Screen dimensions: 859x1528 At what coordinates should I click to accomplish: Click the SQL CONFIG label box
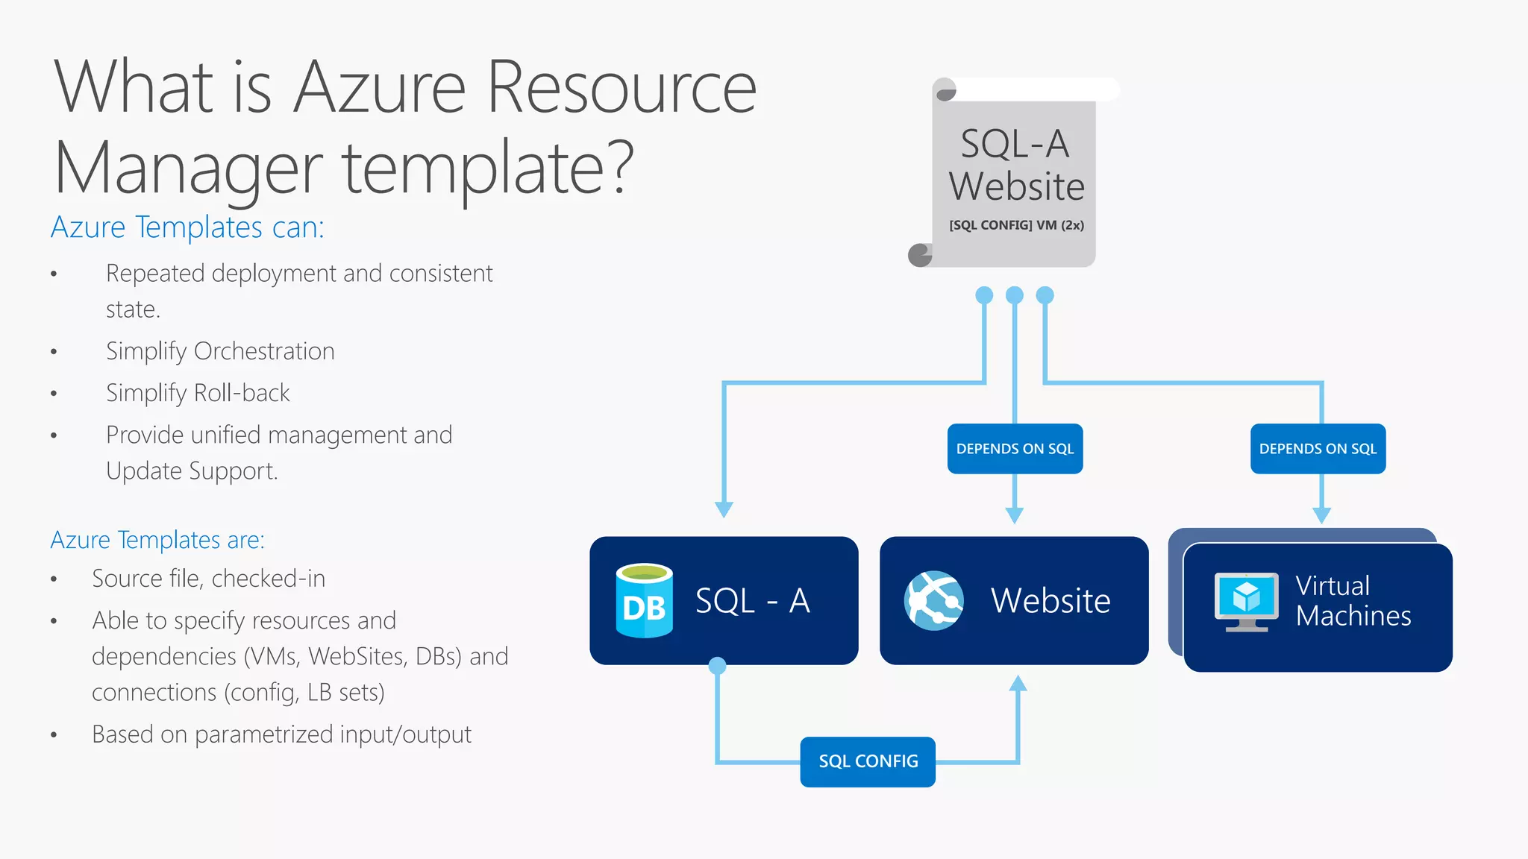pyautogui.click(x=868, y=761)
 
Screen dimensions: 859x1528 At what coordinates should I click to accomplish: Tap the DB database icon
pyautogui.click(x=644, y=601)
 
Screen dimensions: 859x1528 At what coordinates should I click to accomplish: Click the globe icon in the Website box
pyautogui.click(x=933, y=601)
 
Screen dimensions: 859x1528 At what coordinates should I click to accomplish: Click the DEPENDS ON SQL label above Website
pyautogui.click(x=1015, y=449)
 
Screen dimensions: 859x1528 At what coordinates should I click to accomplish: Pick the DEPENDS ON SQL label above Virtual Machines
pyautogui.click(x=1318, y=449)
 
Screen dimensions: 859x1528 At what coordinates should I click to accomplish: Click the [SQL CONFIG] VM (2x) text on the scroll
pyautogui.click(x=1016, y=225)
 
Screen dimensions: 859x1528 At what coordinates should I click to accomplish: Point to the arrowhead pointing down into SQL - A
pyautogui.click(x=724, y=509)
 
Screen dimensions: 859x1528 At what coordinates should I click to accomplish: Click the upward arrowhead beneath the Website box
pyautogui.click(x=1018, y=683)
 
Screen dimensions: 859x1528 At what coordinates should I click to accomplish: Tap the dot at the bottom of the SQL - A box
pyautogui.click(x=717, y=666)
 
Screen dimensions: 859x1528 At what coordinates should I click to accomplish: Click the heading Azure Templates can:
pyautogui.click(x=187, y=227)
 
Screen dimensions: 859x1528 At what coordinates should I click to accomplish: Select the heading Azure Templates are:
pyautogui.click(x=157, y=540)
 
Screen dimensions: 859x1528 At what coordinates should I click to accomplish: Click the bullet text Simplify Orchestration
pyautogui.click(x=220, y=351)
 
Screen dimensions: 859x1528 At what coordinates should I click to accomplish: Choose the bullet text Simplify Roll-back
pyautogui.click(x=198, y=393)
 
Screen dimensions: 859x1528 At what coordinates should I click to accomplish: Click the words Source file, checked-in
pyautogui.click(x=208, y=579)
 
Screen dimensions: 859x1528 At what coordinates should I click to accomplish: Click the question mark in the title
pyautogui.click(x=619, y=168)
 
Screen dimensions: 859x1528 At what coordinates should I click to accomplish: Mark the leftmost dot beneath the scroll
pyautogui.click(x=984, y=295)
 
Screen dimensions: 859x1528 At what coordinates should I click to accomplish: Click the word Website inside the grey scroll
pyautogui.click(x=1016, y=186)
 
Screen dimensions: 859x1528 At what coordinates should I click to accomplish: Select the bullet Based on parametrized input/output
pyautogui.click(x=281, y=734)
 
